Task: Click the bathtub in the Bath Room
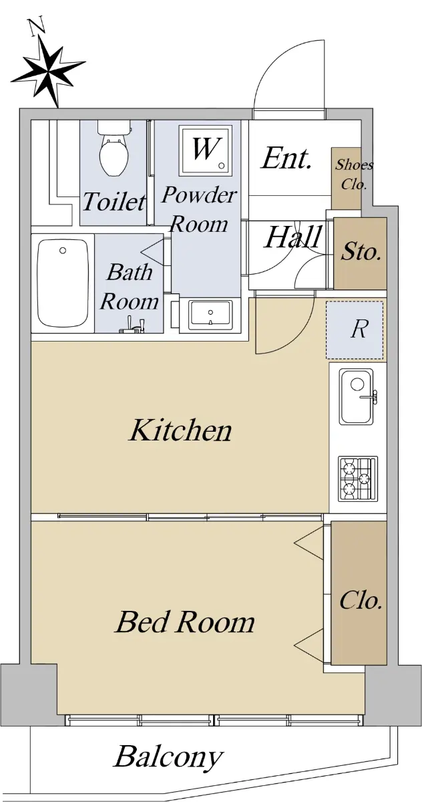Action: click(63, 283)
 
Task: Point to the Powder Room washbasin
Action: click(210, 315)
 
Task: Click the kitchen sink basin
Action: click(357, 397)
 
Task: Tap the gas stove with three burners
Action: click(358, 479)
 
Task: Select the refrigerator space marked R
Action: click(355, 329)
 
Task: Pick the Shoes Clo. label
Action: click(354, 174)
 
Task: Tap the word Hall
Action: click(293, 237)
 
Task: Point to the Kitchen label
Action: click(180, 430)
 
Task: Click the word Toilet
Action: click(114, 201)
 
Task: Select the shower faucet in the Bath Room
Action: click(132, 325)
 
